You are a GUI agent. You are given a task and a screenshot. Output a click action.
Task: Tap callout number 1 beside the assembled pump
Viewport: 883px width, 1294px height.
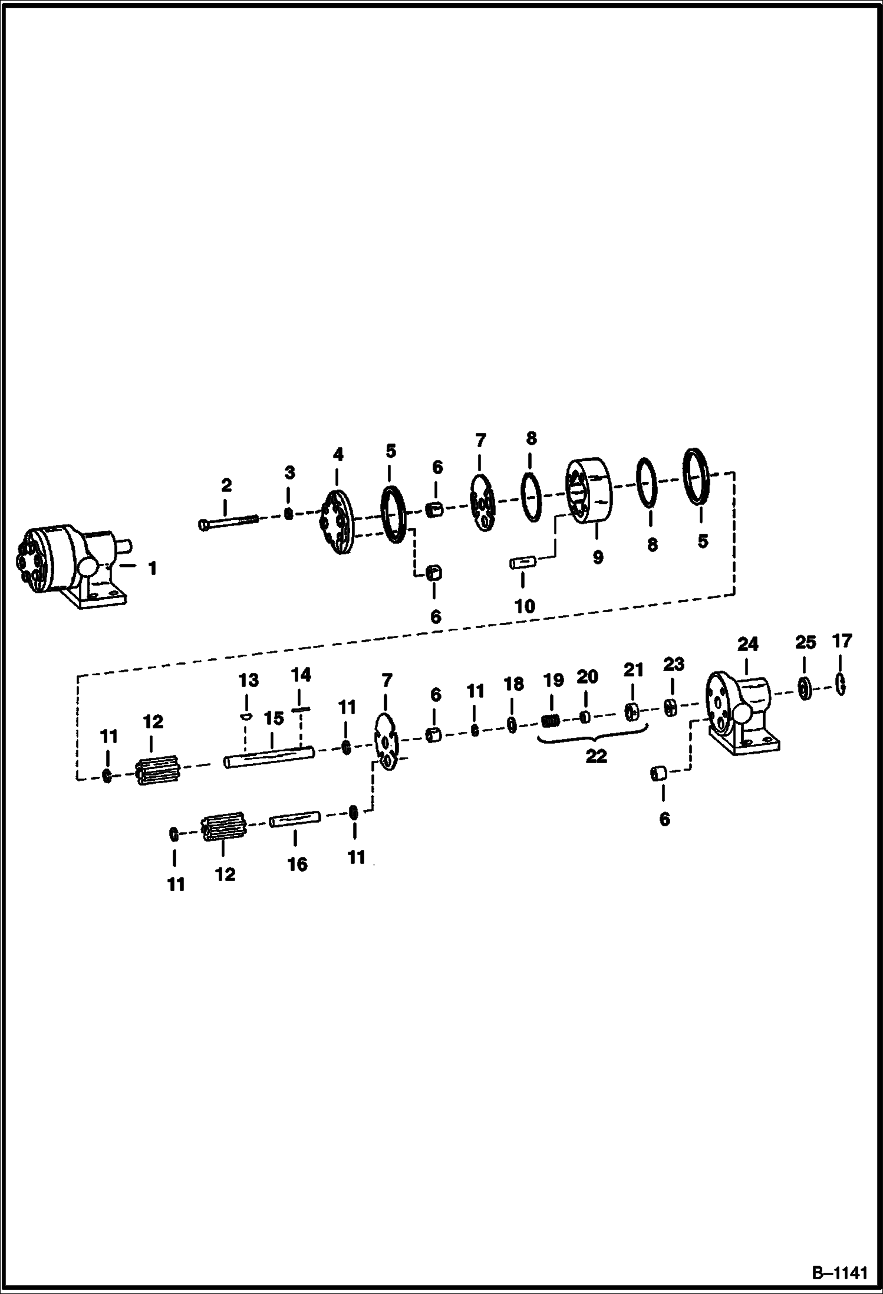(152, 569)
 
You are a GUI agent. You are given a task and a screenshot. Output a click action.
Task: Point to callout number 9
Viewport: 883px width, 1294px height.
(598, 557)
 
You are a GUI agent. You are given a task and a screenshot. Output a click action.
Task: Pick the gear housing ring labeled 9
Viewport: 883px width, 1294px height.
(589, 491)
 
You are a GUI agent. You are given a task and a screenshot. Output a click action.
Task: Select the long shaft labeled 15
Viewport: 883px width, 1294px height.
(269, 757)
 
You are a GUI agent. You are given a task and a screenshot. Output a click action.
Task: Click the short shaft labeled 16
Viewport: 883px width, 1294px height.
(295, 820)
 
